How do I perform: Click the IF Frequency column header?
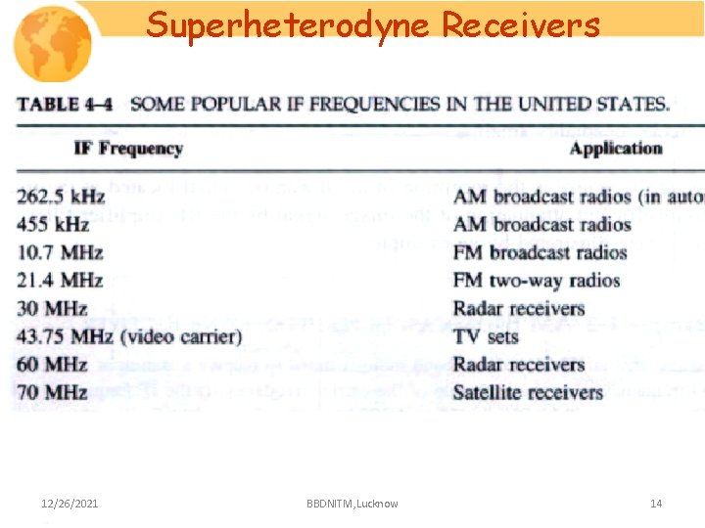(128, 149)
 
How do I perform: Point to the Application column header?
(616, 149)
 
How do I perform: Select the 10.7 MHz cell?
(60, 252)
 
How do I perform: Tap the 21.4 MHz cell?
(60, 281)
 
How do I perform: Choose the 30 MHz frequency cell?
(52, 308)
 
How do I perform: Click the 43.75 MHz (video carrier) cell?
(129, 336)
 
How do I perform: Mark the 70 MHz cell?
(52, 392)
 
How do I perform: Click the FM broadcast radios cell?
(540, 252)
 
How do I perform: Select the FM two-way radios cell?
(537, 281)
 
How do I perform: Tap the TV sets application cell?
(486, 336)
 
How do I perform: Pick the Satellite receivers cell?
(528, 392)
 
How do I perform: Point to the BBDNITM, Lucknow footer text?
(352, 504)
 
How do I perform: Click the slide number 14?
(656, 504)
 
